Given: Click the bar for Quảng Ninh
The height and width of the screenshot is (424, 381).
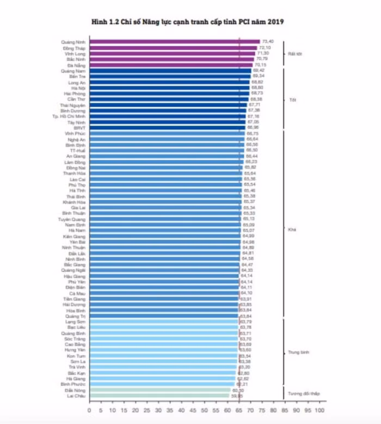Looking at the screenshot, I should [x=174, y=41].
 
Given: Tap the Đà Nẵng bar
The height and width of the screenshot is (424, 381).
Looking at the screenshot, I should [x=171, y=65].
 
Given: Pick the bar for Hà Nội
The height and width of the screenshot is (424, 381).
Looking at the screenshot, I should [x=169, y=88].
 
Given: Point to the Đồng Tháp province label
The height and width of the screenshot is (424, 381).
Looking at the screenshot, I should [x=74, y=47].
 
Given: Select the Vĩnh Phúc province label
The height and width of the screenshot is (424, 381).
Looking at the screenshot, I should [x=75, y=133].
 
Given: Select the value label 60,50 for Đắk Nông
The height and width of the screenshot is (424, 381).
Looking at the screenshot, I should [x=238, y=390].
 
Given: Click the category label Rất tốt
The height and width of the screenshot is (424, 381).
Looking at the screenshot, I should [x=295, y=53].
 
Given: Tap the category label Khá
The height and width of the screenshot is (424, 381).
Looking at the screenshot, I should [x=291, y=229].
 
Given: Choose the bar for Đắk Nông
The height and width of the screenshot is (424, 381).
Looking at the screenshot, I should [x=160, y=390].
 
